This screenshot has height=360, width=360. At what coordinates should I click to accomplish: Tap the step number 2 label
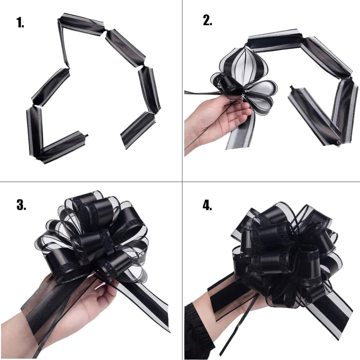(208, 21)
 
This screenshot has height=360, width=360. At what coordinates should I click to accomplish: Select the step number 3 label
(21, 205)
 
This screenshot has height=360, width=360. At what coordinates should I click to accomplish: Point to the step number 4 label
(207, 205)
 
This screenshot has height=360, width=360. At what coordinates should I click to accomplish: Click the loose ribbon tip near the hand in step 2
(292, 88)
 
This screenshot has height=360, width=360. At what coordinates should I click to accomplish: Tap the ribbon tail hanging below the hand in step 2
(243, 131)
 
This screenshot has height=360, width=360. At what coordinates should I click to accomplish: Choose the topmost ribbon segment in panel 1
(81, 22)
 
